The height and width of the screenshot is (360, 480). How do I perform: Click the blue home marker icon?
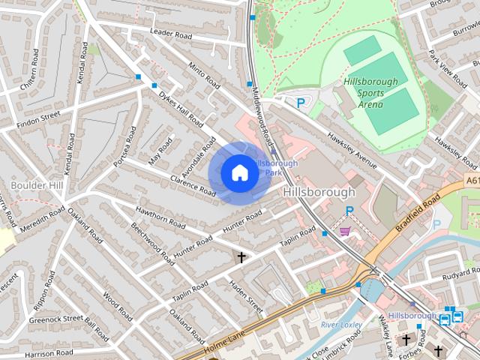point(239,172)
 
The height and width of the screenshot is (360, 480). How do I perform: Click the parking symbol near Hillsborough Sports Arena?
point(301,103)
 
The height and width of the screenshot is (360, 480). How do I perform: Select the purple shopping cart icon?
point(345,230)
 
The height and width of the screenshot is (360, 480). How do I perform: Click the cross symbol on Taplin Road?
point(241,258)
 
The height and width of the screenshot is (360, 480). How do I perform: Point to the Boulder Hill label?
point(37,184)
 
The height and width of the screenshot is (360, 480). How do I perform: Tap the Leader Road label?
point(171,33)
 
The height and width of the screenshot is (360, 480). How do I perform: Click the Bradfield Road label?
point(419,213)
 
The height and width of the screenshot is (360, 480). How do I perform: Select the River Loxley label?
point(341,325)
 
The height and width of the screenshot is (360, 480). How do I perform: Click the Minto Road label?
point(203,73)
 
